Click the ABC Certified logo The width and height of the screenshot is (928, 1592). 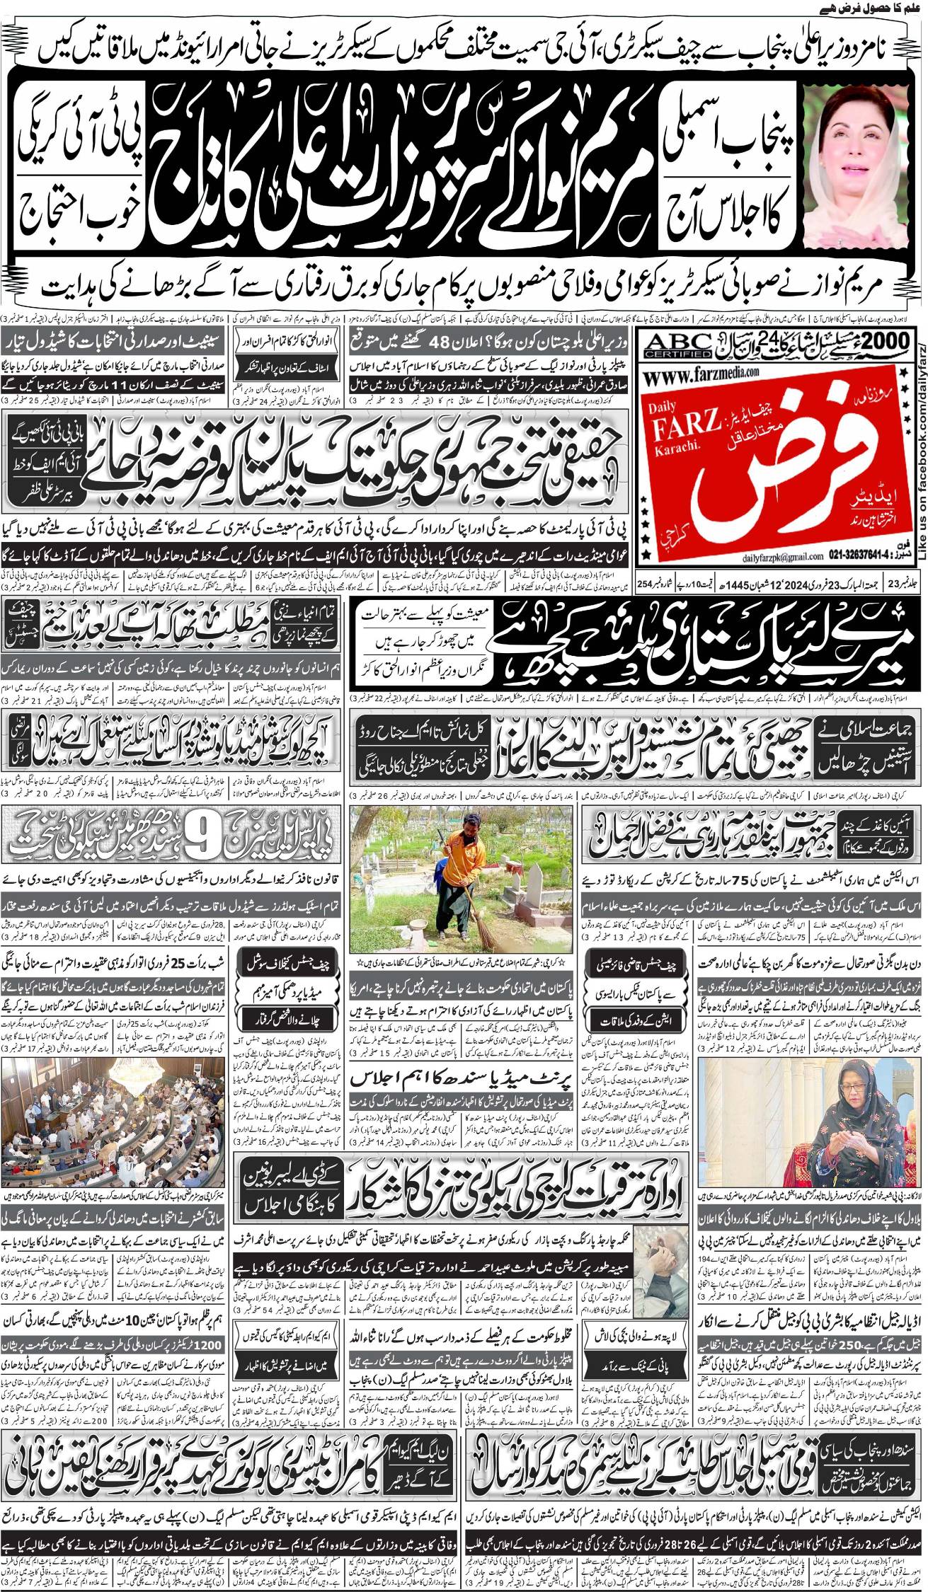pyautogui.click(x=678, y=345)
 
